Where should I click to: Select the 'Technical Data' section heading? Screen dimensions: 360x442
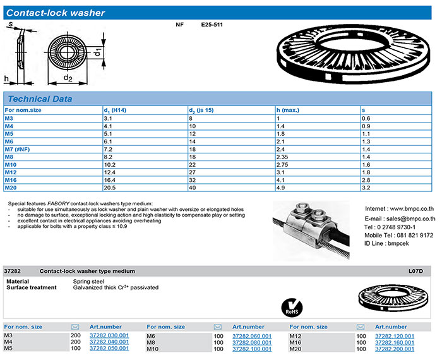tap(40, 99)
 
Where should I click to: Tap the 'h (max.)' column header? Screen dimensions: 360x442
tap(287, 110)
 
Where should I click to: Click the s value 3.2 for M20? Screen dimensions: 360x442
tap(365, 188)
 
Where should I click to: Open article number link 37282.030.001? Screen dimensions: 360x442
tap(109, 335)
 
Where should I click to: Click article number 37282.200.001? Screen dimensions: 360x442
tap(395, 349)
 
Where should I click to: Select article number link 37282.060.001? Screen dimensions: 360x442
tap(252, 335)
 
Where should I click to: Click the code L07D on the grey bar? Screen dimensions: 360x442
tap(416, 270)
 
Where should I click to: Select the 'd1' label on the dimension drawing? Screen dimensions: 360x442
tap(99, 53)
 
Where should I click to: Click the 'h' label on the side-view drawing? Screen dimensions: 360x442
tap(6, 78)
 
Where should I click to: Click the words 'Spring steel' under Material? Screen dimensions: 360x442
tap(88, 280)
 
